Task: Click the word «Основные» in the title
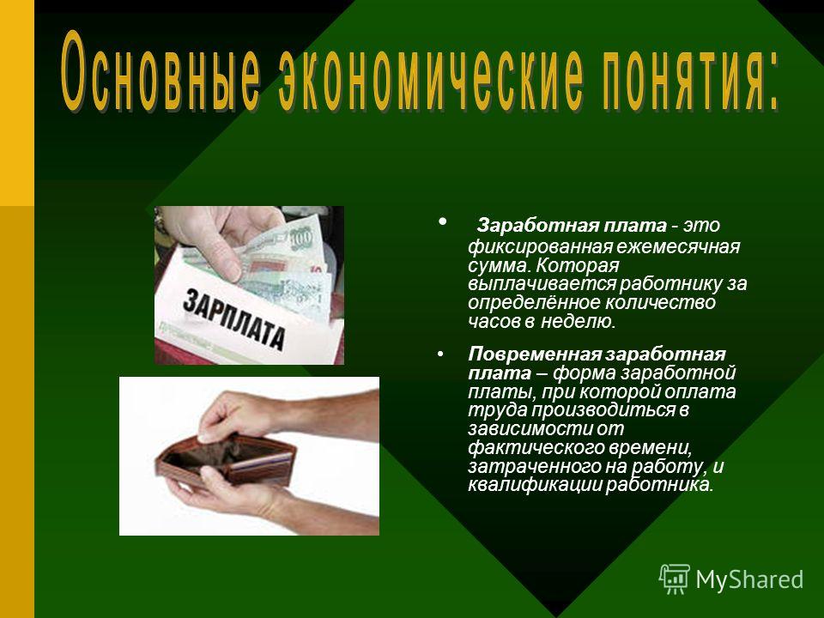(161, 71)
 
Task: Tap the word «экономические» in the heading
(430, 74)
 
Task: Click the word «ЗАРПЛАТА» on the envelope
(233, 319)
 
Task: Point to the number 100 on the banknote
(301, 239)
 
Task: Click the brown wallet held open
(226, 460)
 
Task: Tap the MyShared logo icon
(675, 579)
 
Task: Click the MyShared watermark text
(749, 579)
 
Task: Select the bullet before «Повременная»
(440, 354)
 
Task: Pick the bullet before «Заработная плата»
(443, 221)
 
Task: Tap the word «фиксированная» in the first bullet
(540, 246)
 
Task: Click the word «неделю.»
(578, 321)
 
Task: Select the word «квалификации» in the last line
(535, 484)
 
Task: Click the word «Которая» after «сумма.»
(577, 265)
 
